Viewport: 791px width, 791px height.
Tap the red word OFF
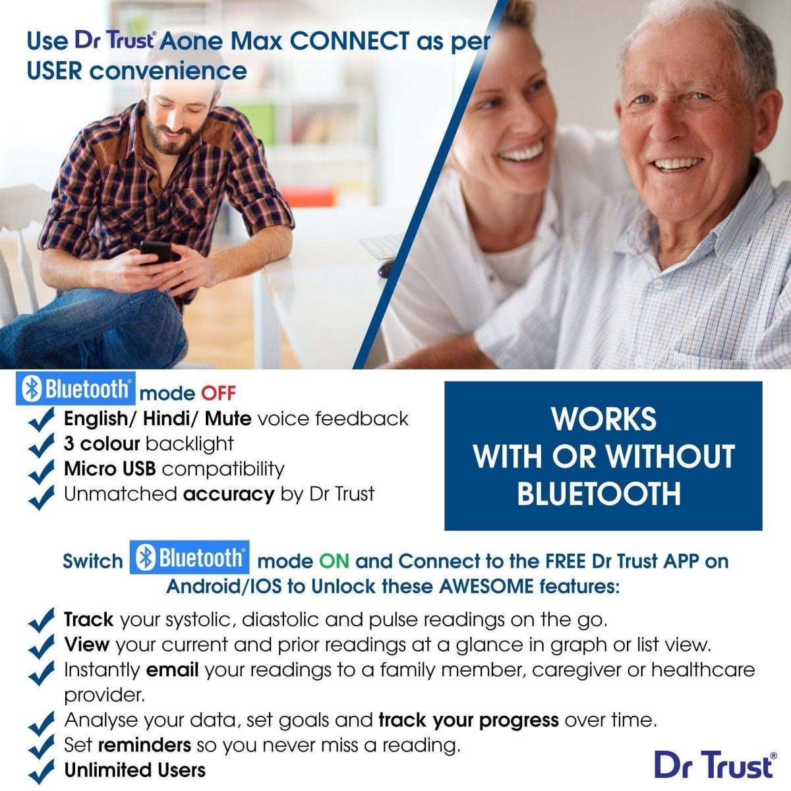point(218,394)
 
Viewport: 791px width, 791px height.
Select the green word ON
point(334,562)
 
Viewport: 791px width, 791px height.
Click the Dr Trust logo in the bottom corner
point(715,765)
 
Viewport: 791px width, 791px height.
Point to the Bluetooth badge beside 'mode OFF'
point(77,390)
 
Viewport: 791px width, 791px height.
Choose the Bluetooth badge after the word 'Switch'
point(189,558)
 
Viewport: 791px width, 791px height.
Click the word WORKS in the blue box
point(603,419)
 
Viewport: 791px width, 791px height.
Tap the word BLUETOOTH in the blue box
point(599,494)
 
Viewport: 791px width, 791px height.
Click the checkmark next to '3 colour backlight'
point(42,445)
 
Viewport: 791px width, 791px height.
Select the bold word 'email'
point(172,670)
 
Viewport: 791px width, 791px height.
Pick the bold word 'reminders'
point(144,746)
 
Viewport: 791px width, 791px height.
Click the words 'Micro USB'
point(109,469)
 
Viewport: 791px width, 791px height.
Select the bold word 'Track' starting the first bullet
point(88,620)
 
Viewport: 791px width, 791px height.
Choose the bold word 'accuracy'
point(229,494)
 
